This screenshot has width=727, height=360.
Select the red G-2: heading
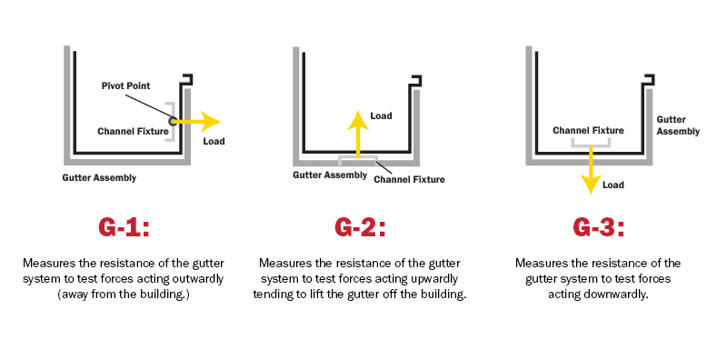click(x=359, y=226)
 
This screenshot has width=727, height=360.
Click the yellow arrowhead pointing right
click(x=212, y=120)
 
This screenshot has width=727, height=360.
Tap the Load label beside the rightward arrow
click(x=214, y=142)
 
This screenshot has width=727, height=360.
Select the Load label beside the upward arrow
click(x=382, y=116)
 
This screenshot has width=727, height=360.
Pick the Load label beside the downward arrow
click(x=614, y=185)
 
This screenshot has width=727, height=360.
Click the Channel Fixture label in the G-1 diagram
click(x=133, y=131)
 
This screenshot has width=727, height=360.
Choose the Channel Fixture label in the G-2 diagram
click(x=409, y=179)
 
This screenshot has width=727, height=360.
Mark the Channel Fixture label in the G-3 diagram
click(x=588, y=131)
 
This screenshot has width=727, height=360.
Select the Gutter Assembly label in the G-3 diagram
click(x=678, y=125)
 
